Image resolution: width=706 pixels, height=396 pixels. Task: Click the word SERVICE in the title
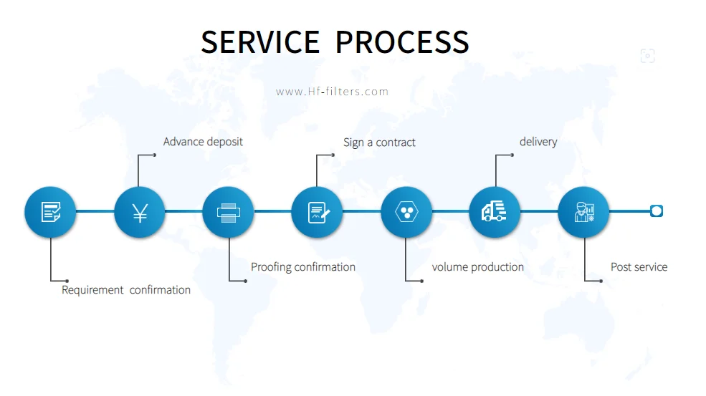coord(259,42)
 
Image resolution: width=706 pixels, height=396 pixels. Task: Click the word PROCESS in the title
coord(402,42)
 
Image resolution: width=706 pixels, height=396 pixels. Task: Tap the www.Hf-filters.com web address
coord(332,92)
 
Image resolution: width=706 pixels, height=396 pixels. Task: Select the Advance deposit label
coord(203,142)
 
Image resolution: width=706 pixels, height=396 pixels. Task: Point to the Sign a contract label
coord(379,143)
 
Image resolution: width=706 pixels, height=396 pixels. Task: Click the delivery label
coord(538,142)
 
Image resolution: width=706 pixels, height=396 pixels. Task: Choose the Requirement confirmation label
coord(126,290)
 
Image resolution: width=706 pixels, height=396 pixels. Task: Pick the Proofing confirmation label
coord(303,267)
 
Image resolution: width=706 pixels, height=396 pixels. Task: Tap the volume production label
coord(477,267)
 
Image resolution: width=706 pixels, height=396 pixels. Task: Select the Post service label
coord(639,267)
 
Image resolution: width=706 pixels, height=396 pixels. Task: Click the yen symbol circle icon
coord(139,212)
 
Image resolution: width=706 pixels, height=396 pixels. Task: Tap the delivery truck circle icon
coord(495,212)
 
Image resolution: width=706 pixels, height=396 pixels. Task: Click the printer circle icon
coord(228,212)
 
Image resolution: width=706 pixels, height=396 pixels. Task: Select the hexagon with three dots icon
coord(406,212)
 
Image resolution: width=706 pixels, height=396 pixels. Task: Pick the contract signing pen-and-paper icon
coord(317,212)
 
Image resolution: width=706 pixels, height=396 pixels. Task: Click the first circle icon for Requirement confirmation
coord(50,212)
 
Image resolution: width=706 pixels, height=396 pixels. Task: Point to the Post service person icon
coord(583,212)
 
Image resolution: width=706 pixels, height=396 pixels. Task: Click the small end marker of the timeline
coord(656,211)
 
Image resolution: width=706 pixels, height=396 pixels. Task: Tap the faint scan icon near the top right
coord(647,56)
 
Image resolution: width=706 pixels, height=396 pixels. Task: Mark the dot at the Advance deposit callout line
coord(154,155)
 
